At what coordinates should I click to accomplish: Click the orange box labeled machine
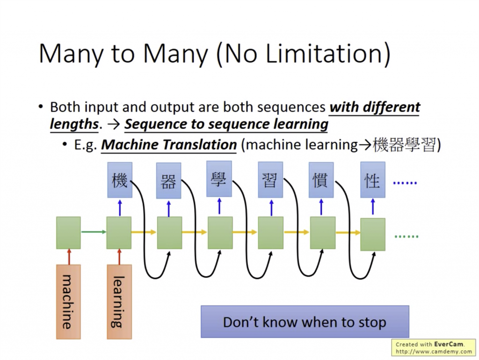(x=68, y=301)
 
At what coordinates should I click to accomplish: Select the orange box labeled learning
(x=119, y=301)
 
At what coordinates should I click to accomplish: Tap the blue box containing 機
(x=119, y=180)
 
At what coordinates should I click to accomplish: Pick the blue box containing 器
(x=168, y=181)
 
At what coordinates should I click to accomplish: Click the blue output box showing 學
(x=219, y=179)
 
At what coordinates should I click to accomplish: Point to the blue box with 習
(x=270, y=180)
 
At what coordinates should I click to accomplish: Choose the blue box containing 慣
(x=321, y=180)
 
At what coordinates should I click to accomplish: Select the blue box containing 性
(x=372, y=180)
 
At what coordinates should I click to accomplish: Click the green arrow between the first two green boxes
(x=93, y=231)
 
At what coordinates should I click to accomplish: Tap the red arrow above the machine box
(x=68, y=257)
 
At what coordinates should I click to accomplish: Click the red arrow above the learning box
(x=119, y=257)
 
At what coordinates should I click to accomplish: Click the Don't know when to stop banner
(x=305, y=322)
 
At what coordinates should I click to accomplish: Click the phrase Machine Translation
(x=169, y=145)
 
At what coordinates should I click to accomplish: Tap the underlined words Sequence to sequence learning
(x=226, y=125)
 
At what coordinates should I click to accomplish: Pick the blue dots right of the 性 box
(x=405, y=183)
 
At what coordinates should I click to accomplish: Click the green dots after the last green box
(x=406, y=236)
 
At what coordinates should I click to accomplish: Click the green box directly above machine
(x=68, y=233)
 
